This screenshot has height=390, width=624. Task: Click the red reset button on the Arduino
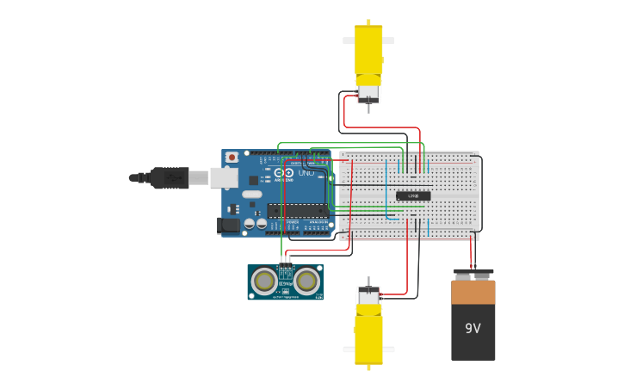[x=231, y=157]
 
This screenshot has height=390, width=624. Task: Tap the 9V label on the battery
[x=473, y=329]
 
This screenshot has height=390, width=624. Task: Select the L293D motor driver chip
[x=413, y=196]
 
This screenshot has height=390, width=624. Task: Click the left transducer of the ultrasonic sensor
[x=264, y=282]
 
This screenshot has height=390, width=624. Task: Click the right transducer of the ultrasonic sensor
[x=306, y=282]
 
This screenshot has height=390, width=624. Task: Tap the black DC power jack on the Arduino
[x=229, y=226]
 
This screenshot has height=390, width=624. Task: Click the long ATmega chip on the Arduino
[x=297, y=210]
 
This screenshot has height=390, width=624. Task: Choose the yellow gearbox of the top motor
[x=368, y=52]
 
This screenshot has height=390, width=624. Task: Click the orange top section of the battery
[x=473, y=292]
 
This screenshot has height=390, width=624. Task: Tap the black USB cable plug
[x=170, y=177]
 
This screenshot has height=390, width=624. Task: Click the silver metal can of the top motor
[x=368, y=92]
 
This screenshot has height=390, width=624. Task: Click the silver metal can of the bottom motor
[x=368, y=296]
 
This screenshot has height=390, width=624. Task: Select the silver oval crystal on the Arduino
[x=251, y=195]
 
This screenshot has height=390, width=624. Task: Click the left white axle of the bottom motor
[x=349, y=350]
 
